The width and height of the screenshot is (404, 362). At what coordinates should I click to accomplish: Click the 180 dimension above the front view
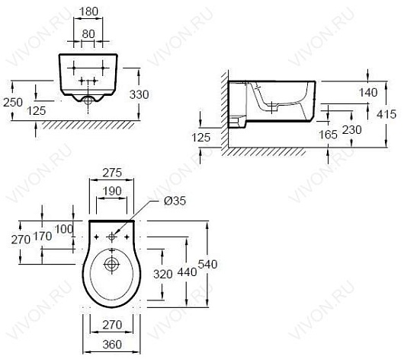(x=88, y=11)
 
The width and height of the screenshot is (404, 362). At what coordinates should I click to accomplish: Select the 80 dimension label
(x=88, y=34)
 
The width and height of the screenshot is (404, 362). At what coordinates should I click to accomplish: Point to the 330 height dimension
(x=139, y=94)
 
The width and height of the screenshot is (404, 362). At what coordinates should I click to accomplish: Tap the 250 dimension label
(x=13, y=103)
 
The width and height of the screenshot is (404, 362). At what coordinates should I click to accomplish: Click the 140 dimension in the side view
(x=368, y=92)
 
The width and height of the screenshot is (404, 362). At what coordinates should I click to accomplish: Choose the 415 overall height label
(x=386, y=114)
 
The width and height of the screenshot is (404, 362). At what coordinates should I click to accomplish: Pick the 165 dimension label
(x=328, y=135)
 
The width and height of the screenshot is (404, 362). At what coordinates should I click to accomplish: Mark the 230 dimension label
(x=351, y=130)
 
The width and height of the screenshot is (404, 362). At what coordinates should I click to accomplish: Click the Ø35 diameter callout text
(x=175, y=201)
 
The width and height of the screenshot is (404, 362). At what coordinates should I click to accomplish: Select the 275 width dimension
(x=112, y=173)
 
